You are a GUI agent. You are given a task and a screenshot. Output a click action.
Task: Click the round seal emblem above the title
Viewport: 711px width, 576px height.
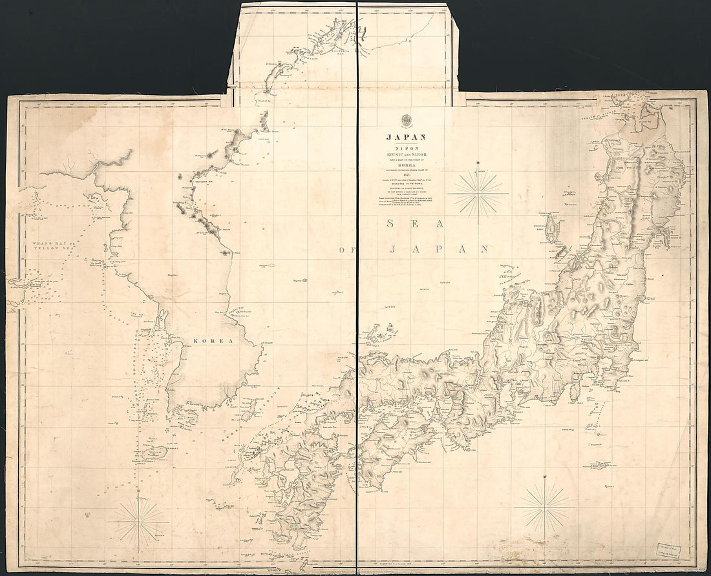point(406,121)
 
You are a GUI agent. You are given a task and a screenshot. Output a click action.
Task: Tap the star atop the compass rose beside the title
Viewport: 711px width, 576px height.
point(478,162)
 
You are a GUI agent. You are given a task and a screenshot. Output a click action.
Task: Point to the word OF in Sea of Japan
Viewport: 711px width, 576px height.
point(350,249)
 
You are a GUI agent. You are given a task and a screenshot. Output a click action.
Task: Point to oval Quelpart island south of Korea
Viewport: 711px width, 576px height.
point(155,453)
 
